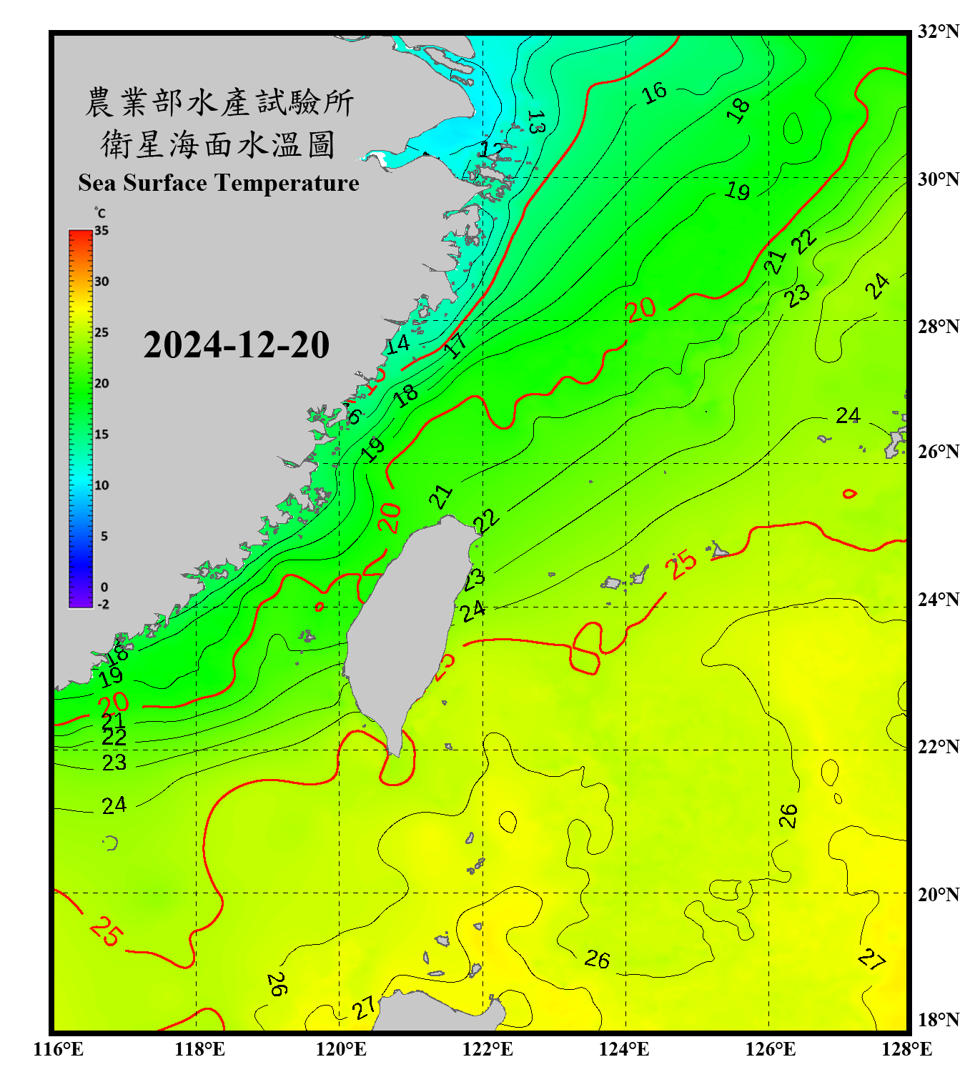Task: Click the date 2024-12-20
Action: pos(236,345)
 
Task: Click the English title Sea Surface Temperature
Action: pos(219,183)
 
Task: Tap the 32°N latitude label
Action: pos(938,31)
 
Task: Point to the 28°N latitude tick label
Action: pos(938,327)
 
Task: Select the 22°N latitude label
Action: pos(938,747)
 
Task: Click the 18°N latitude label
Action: pos(938,1020)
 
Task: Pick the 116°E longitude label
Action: pos(59,1049)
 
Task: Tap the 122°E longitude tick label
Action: pos(488,1049)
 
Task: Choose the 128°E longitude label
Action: pos(906,1049)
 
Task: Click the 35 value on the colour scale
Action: pos(102,231)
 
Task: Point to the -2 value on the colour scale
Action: pos(103,605)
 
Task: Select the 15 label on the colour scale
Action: pos(102,435)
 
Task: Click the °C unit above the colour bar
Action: pos(100,213)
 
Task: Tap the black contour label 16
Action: pos(653,93)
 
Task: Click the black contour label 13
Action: pos(535,122)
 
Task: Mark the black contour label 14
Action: pos(397,344)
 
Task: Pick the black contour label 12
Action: pos(491,149)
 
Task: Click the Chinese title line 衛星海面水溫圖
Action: pos(218,144)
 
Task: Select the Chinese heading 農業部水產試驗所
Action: pos(219,102)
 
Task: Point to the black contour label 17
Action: pos(455,345)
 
